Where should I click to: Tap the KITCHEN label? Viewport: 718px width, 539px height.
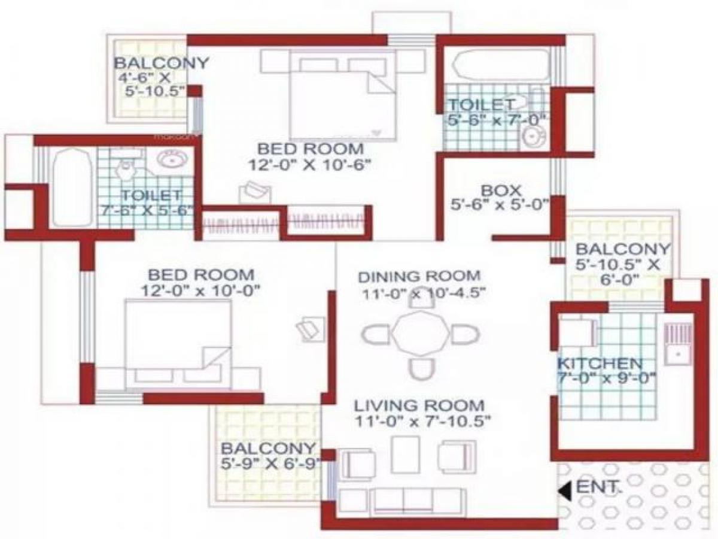600,363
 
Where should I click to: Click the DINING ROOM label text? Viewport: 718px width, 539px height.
419,276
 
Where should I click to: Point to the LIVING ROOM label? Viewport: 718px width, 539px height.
418,404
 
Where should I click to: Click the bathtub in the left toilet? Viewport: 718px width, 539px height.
71,187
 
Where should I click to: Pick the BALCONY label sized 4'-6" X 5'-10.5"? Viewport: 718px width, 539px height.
161,63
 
